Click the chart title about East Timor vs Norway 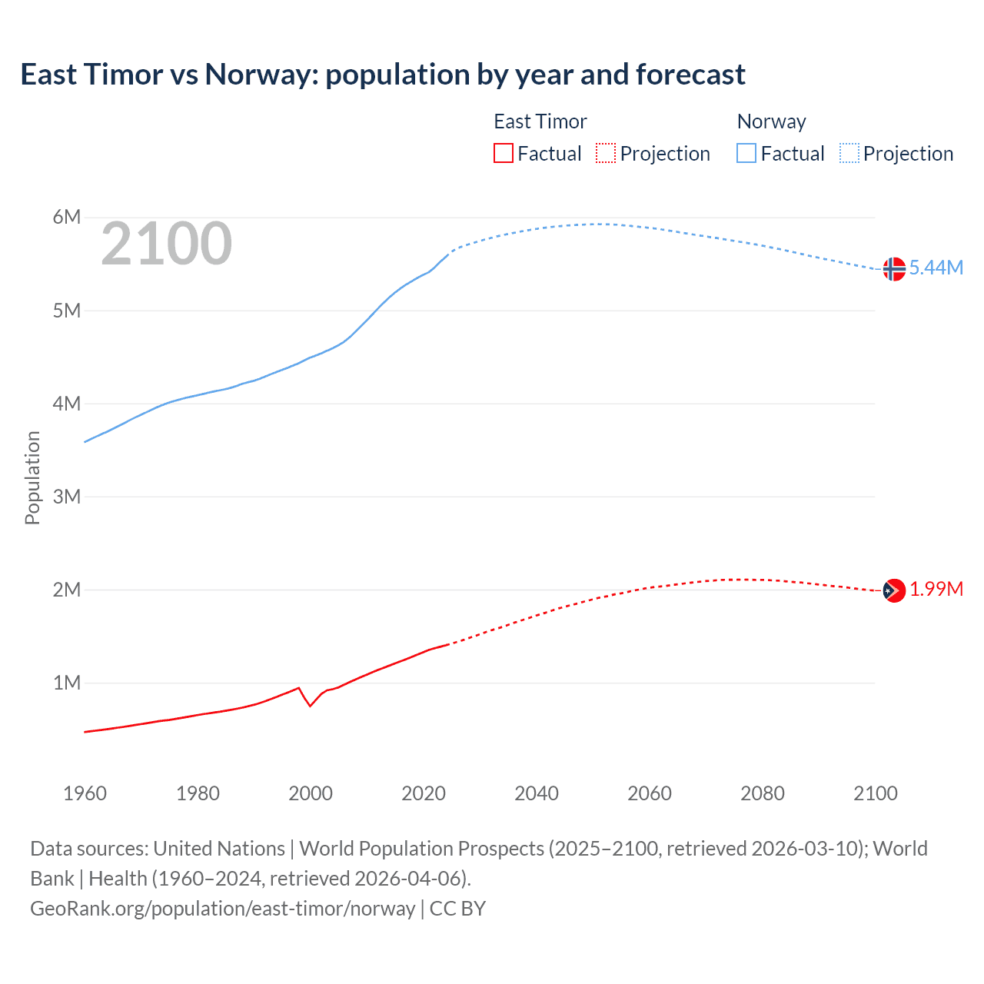(x=382, y=75)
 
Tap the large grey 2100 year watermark (x=166, y=244)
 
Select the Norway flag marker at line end (x=893, y=269)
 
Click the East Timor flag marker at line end (x=893, y=590)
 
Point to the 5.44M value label (x=936, y=268)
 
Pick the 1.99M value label (x=936, y=589)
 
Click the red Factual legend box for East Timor (x=504, y=153)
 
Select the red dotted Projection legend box (x=606, y=153)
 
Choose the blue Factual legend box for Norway (x=746, y=153)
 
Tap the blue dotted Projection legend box (x=849, y=153)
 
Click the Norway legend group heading (x=771, y=121)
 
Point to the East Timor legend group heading (x=540, y=121)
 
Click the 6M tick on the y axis (x=67, y=217)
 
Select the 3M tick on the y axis (x=67, y=497)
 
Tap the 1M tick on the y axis (x=67, y=683)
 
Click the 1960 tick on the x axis (x=85, y=793)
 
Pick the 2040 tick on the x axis (x=537, y=793)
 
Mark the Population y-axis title (x=32, y=477)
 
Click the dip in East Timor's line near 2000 (x=310, y=705)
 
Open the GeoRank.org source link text (x=223, y=909)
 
